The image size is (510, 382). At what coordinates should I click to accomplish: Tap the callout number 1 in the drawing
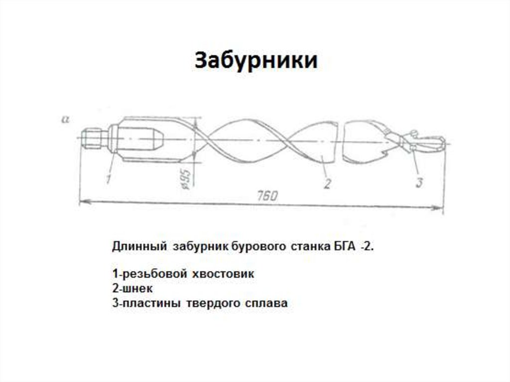pos(109,178)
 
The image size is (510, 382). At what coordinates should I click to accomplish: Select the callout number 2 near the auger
pos(327,183)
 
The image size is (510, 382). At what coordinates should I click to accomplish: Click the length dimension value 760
pos(267,196)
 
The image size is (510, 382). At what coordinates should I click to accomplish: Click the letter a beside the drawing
pos(64,119)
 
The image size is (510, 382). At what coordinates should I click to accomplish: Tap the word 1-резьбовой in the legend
pos(144,274)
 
